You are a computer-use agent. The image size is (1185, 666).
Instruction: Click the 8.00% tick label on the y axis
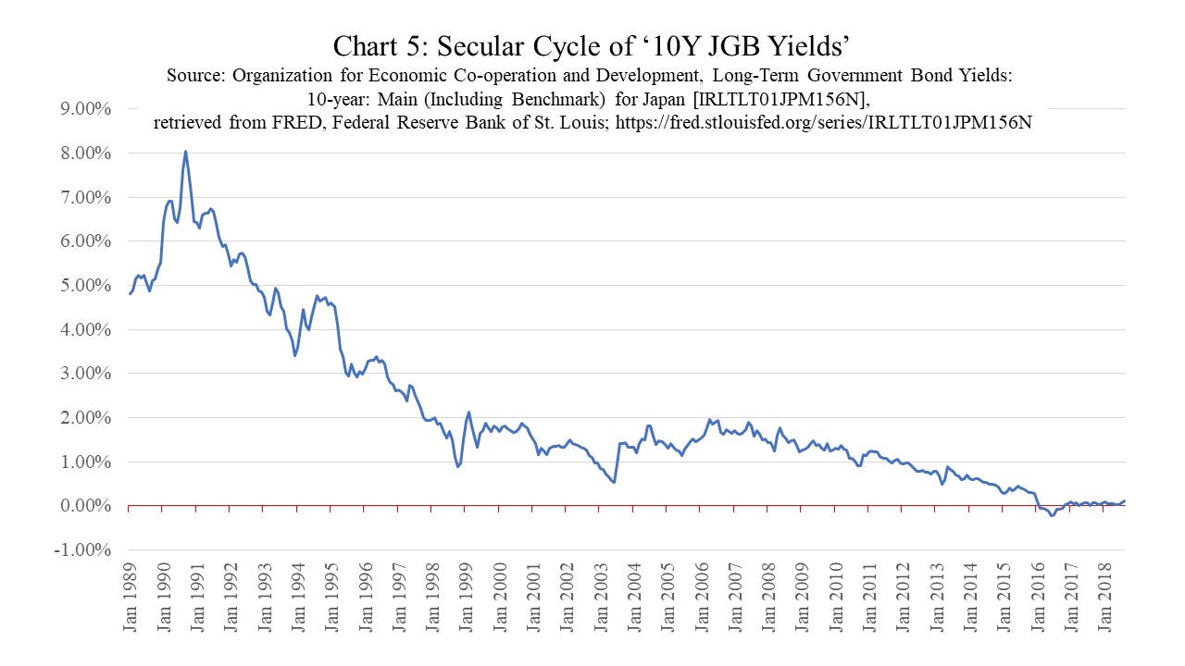[85, 154]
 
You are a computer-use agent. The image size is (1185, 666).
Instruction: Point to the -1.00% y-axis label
[82, 549]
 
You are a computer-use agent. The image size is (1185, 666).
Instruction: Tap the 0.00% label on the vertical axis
[85, 506]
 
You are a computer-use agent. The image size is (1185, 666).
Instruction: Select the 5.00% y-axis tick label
[85, 286]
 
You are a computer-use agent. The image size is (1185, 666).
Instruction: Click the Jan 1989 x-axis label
[130, 598]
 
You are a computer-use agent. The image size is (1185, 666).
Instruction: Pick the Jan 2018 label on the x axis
[1104, 598]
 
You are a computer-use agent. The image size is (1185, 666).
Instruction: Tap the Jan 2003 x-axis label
[601, 598]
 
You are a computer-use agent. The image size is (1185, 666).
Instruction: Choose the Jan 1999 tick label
[466, 598]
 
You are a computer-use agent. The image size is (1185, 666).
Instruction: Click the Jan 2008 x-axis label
[768, 598]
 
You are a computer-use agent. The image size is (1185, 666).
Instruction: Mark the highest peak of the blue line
[186, 152]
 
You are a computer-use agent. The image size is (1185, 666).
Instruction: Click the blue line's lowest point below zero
[1053, 515]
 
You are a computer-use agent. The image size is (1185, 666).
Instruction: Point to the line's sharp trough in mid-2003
[614, 482]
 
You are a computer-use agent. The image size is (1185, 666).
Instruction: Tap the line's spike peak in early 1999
[468, 413]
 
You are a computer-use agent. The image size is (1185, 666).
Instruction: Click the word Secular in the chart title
[482, 46]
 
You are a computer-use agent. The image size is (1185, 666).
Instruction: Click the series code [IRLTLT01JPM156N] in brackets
[780, 99]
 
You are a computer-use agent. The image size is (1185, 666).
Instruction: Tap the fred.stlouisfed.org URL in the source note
[824, 123]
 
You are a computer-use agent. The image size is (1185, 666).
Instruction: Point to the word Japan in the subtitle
[664, 99]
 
